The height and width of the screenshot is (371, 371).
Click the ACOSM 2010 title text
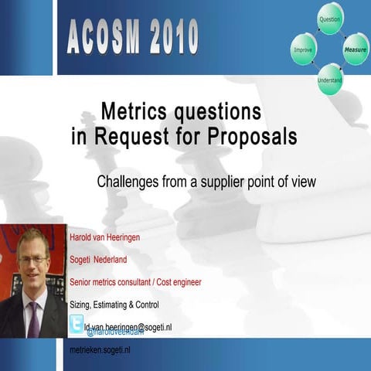point(132,37)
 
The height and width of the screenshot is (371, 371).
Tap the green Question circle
point(330,19)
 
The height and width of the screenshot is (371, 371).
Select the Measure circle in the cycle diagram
point(356,48)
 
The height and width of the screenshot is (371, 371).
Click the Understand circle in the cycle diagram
point(330,80)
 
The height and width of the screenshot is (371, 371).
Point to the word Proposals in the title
point(247,138)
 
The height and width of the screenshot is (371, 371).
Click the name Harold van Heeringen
point(105,237)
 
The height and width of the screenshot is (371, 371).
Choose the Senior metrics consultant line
point(135,282)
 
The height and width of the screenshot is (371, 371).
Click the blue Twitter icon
point(77,325)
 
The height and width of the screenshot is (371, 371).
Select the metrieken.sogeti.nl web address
point(100,351)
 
